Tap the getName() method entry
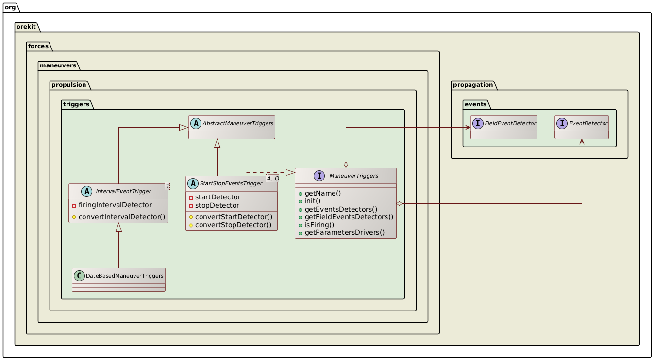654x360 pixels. pyautogui.click(x=322, y=193)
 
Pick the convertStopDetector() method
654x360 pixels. pyautogui.click(x=234, y=225)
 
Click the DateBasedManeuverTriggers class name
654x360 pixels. pyautogui.click(x=124, y=276)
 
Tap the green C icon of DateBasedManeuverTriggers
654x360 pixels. pyautogui.click(x=79, y=276)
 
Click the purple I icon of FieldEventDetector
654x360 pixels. pyautogui.click(x=478, y=123)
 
